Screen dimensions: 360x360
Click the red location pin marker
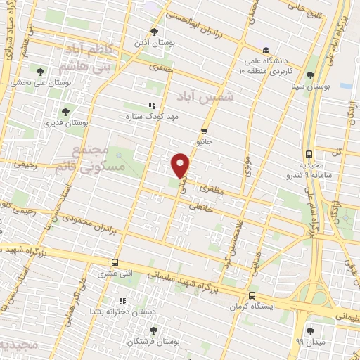pos(181,165)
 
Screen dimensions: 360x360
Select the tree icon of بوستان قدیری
pos(65,111)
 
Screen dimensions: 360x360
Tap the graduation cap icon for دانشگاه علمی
pos(265,50)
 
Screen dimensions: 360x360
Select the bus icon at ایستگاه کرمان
pos(252,296)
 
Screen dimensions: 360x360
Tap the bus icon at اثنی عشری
pos(115,262)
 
